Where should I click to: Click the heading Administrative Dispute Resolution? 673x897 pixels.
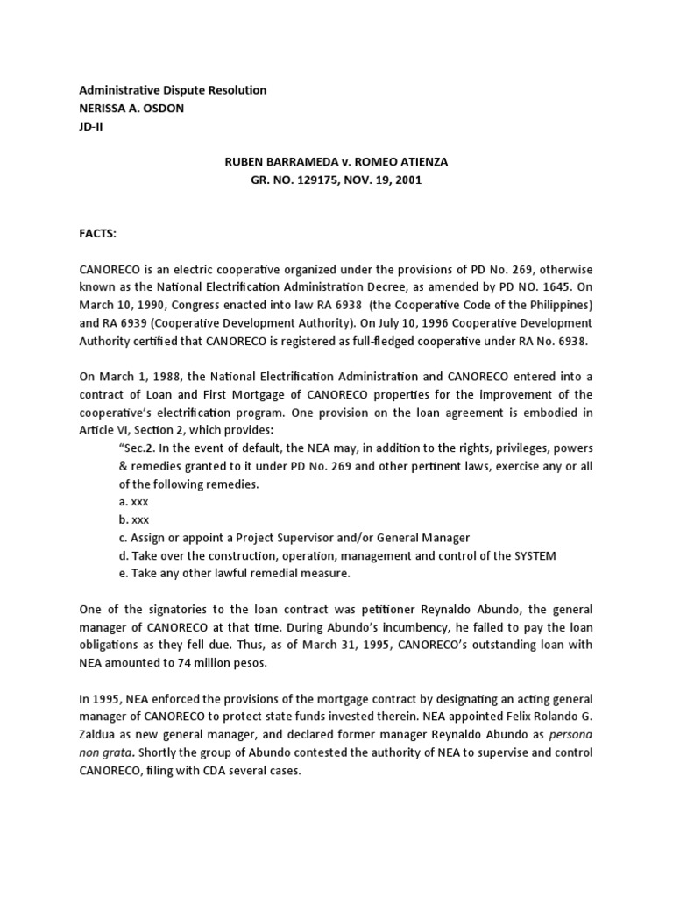pos(173,90)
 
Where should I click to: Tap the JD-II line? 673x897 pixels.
pos(91,125)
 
